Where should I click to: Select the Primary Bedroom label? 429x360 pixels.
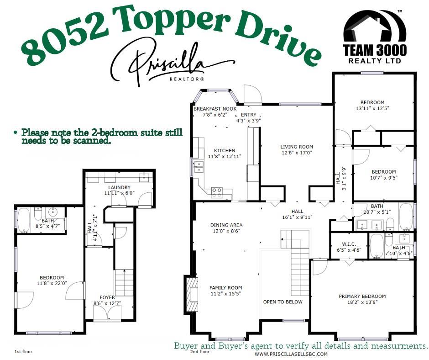tap(362, 296)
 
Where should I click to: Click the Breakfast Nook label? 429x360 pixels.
tap(215, 109)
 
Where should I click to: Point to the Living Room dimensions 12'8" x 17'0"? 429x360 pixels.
tap(296, 153)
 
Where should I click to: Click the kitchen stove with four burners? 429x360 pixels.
tap(216, 192)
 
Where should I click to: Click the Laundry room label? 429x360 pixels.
tap(119, 187)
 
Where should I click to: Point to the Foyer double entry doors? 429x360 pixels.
tap(107, 312)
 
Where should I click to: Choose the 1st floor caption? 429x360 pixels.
tap(23, 352)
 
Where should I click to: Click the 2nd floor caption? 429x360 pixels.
tap(200, 352)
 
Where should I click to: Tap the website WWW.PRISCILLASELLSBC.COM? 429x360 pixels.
tap(291, 354)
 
